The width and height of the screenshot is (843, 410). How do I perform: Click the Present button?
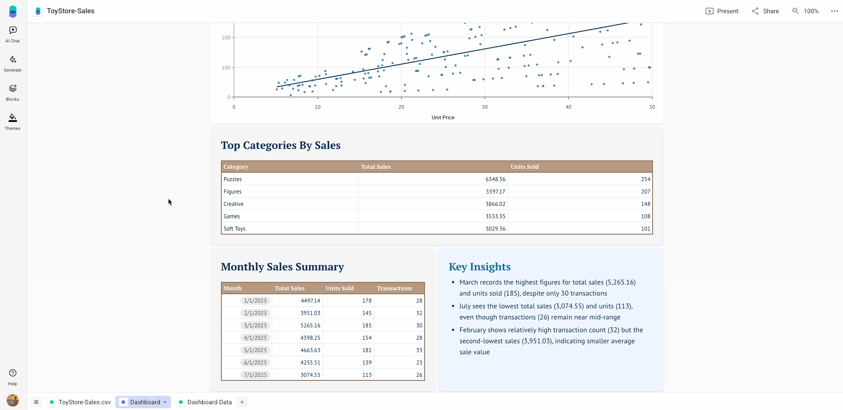click(x=722, y=11)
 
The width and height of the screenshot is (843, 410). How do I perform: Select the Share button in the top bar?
click(x=765, y=11)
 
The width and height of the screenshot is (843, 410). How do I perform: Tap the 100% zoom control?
click(x=805, y=11)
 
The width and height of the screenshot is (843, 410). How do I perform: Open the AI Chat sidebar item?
click(x=13, y=34)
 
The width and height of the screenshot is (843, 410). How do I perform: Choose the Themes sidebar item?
click(x=13, y=121)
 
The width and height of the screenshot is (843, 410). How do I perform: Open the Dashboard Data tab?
click(x=209, y=402)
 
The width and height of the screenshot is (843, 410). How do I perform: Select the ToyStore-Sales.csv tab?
click(x=84, y=402)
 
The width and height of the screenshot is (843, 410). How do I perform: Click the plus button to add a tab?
click(x=242, y=402)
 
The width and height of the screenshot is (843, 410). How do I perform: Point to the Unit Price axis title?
click(x=443, y=118)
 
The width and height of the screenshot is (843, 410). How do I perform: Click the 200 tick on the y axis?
click(x=226, y=38)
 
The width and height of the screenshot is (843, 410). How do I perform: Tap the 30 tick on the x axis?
click(x=485, y=107)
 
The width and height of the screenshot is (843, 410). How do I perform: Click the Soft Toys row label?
click(x=235, y=229)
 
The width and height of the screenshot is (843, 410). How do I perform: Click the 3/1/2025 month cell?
click(x=255, y=326)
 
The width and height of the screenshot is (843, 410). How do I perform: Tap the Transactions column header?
click(x=394, y=289)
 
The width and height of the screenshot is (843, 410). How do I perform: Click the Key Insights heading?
click(x=479, y=267)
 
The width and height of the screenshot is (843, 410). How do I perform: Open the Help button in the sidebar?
click(x=13, y=377)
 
